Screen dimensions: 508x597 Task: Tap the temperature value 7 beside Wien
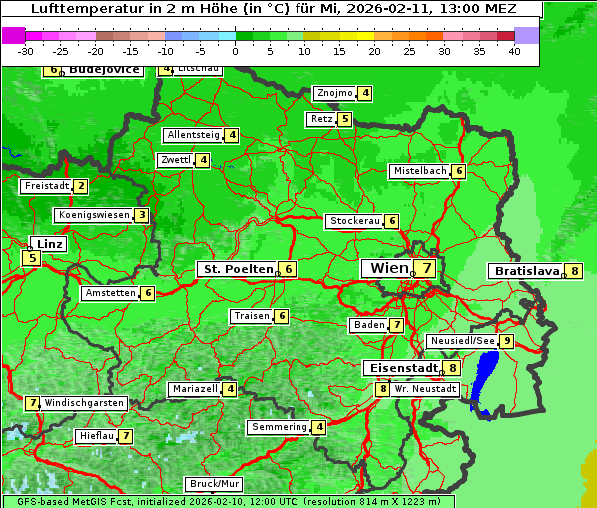click(426, 268)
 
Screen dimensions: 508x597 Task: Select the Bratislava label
click(525, 271)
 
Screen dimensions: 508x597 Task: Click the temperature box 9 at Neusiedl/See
click(507, 341)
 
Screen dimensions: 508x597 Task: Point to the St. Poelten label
click(236, 269)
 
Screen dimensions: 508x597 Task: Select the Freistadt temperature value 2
click(81, 186)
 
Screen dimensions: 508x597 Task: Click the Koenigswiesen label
click(93, 215)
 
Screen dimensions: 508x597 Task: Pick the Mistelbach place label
click(419, 171)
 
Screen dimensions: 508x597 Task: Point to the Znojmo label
click(334, 93)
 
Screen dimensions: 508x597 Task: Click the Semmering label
click(279, 427)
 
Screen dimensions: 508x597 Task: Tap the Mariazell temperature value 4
click(230, 389)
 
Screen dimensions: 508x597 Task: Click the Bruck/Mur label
click(214, 483)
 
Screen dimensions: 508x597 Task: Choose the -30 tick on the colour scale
click(26, 51)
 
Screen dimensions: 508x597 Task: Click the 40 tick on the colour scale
click(514, 51)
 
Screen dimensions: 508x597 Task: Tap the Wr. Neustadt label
click(425, 388)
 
